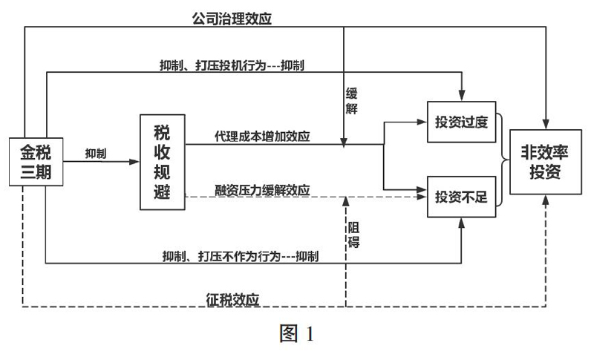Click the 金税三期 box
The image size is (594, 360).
coord(36,162)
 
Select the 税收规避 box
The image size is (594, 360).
coord(163,162)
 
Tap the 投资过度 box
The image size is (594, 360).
coord(461,122)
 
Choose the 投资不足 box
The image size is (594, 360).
coord(461,197)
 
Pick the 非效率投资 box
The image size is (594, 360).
coord(546,162)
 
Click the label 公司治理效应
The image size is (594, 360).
coord(232,18)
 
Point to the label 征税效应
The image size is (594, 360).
coord(232,299)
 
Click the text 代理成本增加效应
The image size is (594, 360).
coord(262,137)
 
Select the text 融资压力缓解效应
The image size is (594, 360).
coord(262,190)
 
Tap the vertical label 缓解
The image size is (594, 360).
coord(351,101)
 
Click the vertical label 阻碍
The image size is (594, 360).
coord(354,235)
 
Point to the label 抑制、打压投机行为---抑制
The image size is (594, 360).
coord(232,65)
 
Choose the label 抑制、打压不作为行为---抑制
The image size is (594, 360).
coord(240,257)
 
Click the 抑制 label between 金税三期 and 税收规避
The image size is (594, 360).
coord(96,154)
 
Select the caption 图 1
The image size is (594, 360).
coord(296,333)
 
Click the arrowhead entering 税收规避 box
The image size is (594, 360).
coord(135,162)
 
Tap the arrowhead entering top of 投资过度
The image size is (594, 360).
coord(462,96)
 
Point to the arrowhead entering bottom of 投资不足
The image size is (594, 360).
coord(461,223)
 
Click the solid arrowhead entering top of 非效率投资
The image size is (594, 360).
coord(546,124)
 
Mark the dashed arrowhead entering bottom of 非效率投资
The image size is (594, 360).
coord(546,200)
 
